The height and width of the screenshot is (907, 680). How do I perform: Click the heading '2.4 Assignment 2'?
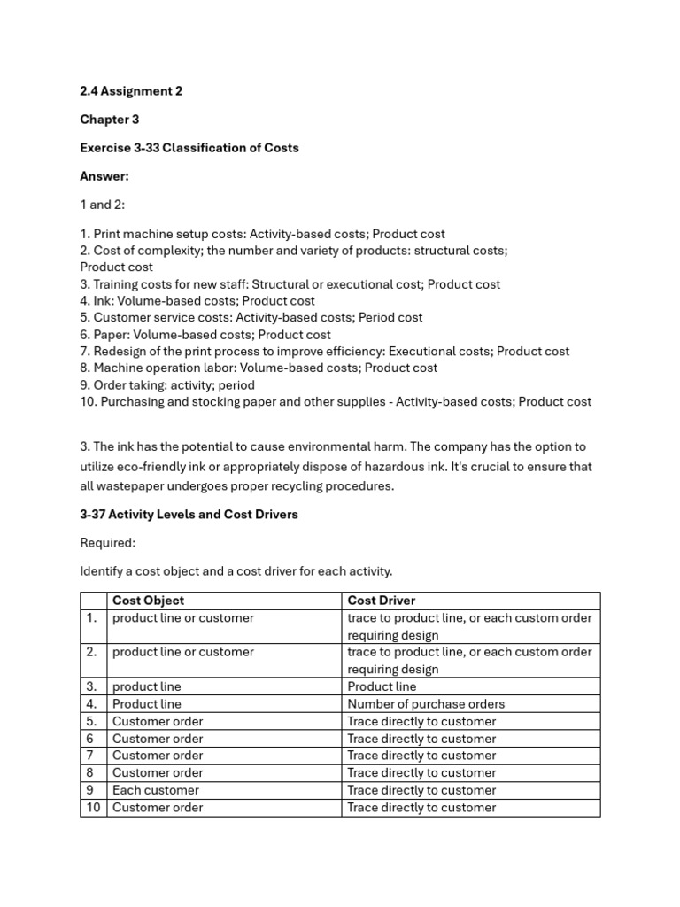click(131, 91)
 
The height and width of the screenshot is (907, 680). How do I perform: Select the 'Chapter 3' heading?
click(110, 120)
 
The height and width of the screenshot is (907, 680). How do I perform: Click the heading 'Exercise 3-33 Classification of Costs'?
click(189, 148)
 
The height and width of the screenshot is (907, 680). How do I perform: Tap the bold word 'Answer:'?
click(104, 176)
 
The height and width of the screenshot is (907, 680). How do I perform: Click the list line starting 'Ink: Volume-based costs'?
click(197, 301)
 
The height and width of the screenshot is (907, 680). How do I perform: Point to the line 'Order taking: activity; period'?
click(167, 385)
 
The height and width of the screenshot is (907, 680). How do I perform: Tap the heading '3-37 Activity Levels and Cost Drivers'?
click(189, 515)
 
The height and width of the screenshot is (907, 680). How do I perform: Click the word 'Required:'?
click(108, 543)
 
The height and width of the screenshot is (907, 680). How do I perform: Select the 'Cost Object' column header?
click(149, 601)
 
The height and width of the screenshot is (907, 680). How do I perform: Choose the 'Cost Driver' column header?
click(382, 601)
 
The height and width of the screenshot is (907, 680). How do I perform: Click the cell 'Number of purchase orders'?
click(426, 704)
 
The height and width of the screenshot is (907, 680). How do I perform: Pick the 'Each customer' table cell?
click(156, 790)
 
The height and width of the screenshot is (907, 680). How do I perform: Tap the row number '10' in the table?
click(93, 807)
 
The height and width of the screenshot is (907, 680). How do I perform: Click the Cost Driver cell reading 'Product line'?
click(382, 686)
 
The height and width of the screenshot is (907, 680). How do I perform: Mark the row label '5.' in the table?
click(91, 721)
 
